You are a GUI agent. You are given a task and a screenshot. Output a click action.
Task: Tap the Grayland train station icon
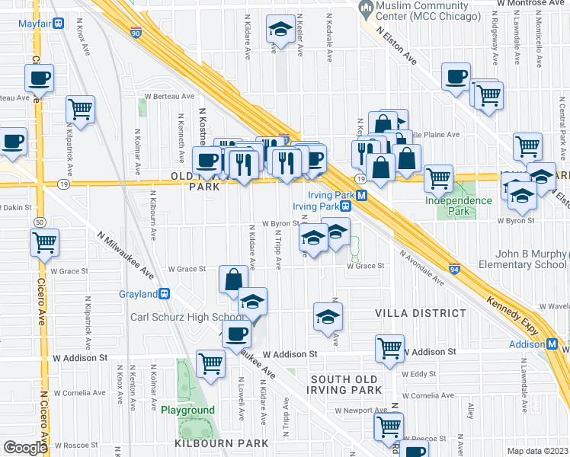163,294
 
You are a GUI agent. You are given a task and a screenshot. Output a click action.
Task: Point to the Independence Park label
459,206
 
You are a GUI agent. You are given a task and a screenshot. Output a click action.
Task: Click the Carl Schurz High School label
187,317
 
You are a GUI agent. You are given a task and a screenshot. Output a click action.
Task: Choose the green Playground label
187,410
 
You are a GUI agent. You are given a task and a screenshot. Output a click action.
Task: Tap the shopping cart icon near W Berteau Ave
79,108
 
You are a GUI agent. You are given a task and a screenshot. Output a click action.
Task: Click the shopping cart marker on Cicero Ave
45,243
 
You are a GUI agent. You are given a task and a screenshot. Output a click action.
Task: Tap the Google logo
24,448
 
